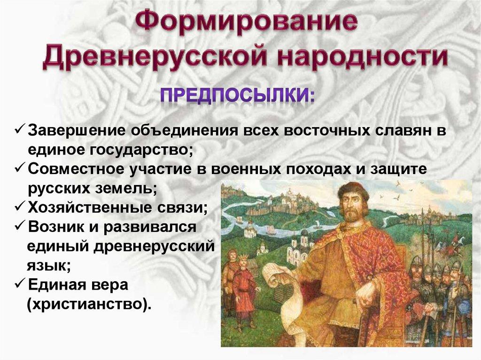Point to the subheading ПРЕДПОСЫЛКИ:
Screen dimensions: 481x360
pos(238,95)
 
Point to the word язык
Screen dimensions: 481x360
pos(47,266)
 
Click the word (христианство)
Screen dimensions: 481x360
pos(89,305)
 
